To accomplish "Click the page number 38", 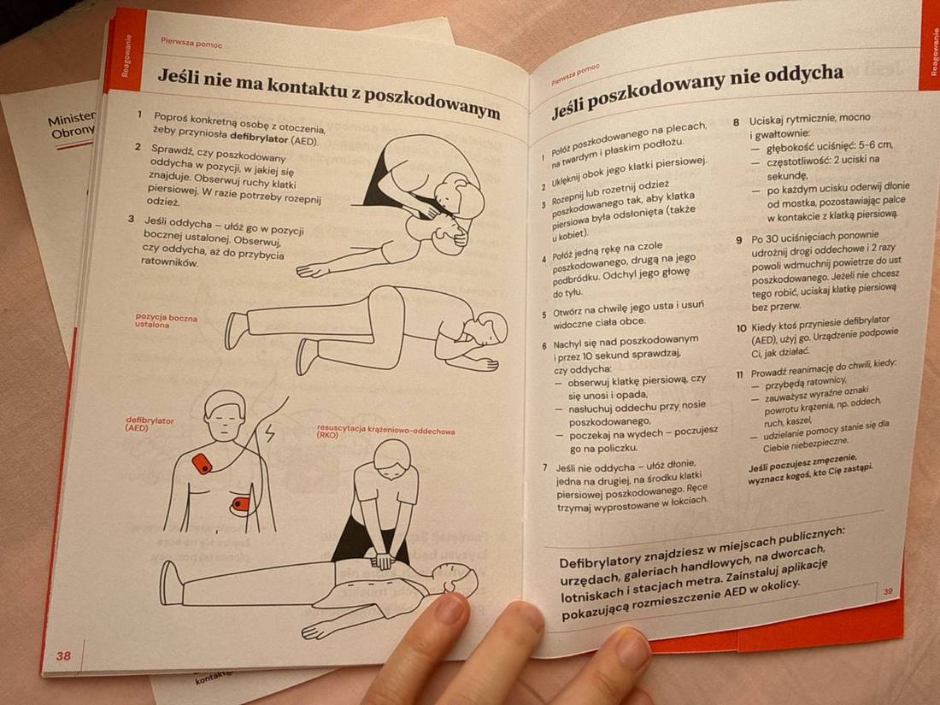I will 63,655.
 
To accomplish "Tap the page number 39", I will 888,590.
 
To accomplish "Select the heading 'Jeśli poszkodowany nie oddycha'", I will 696,88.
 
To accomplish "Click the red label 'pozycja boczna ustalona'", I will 165,320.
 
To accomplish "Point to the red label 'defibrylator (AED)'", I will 150,424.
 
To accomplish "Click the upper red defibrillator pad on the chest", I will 202,464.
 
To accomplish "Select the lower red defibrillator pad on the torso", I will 241,504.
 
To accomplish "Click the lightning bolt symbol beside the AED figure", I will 271,433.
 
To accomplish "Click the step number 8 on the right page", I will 737,121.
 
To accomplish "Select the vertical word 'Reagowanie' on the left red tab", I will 126,56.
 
